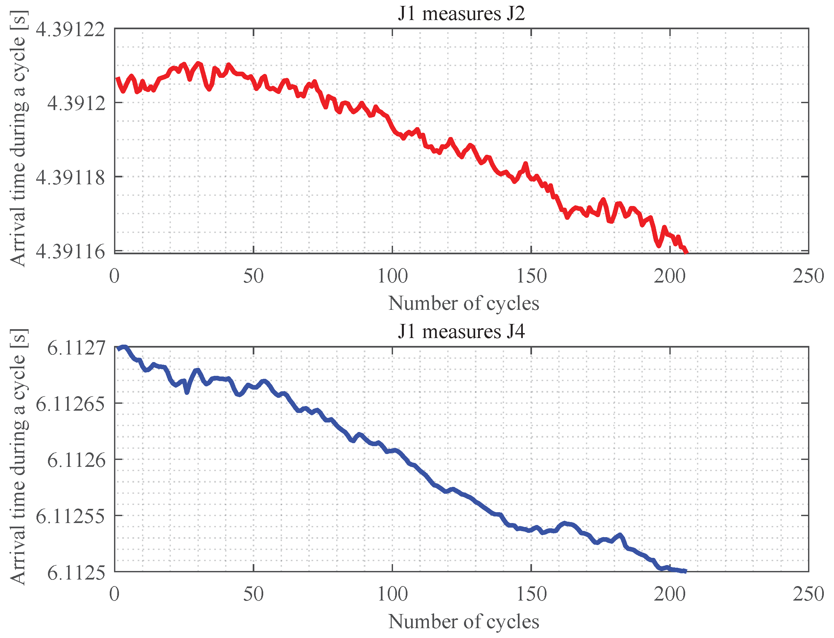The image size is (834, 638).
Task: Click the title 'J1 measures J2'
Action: click(x=461, y=14)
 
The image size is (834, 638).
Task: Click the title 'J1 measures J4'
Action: click(x=461, y=331)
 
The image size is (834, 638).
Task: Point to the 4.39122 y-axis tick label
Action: click(x=70, y=30)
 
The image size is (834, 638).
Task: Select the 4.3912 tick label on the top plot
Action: click(x=76, y=103)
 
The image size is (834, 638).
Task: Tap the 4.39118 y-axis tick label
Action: click(x=70, y=177)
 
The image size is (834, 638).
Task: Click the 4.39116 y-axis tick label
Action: click(x=70, y=251)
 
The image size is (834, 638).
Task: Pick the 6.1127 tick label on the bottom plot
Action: click(x=76, y=348)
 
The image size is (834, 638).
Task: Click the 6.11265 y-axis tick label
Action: click(x=70, y=404)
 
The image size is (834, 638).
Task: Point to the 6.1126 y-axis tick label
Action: click(x=76, y=460)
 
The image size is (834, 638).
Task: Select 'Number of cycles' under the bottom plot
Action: click(x=463, y=622)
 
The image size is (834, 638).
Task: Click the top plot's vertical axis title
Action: click(x=18, y=139)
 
